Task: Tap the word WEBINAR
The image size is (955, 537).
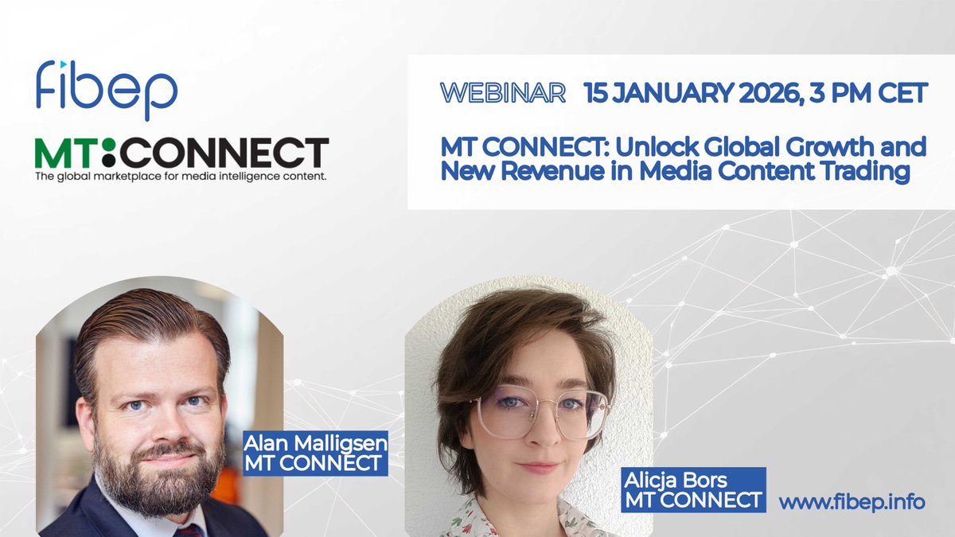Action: (503, 93)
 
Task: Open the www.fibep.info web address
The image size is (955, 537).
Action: (852, 503)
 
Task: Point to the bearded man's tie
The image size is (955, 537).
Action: (186, 528)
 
